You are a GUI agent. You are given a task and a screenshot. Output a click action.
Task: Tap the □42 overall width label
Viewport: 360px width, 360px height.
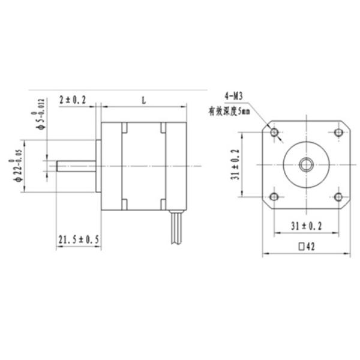point(307,246)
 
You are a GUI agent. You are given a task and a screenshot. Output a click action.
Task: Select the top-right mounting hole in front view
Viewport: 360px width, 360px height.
point(338,132)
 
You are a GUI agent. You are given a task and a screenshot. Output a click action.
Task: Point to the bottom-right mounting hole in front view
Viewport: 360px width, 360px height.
point(338,197)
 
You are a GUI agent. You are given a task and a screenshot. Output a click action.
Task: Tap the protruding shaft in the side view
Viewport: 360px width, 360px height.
point(75,165)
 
